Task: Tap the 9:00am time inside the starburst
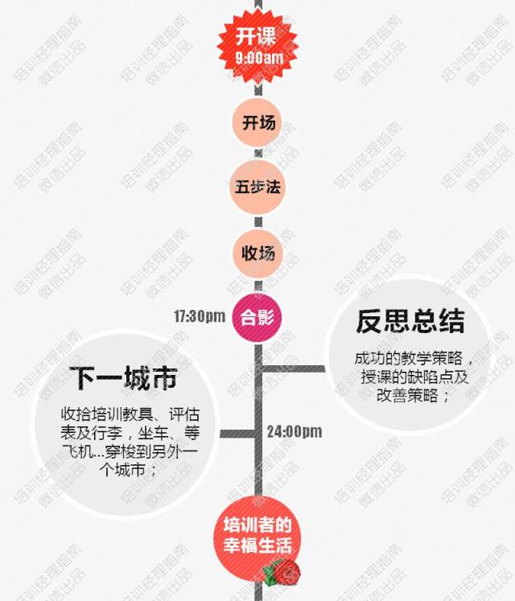[x=259, y=59]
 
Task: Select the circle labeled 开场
[x=258, y=123]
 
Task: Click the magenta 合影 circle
[x=257, y=316]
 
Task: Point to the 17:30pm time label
[x=200, y=316]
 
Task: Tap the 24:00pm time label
[x=295, y=432]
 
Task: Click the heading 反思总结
[x=410, y=321]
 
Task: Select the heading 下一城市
[x=123, y=377]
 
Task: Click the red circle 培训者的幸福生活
[x=257, y=536]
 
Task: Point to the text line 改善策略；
[x=410, y=397]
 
